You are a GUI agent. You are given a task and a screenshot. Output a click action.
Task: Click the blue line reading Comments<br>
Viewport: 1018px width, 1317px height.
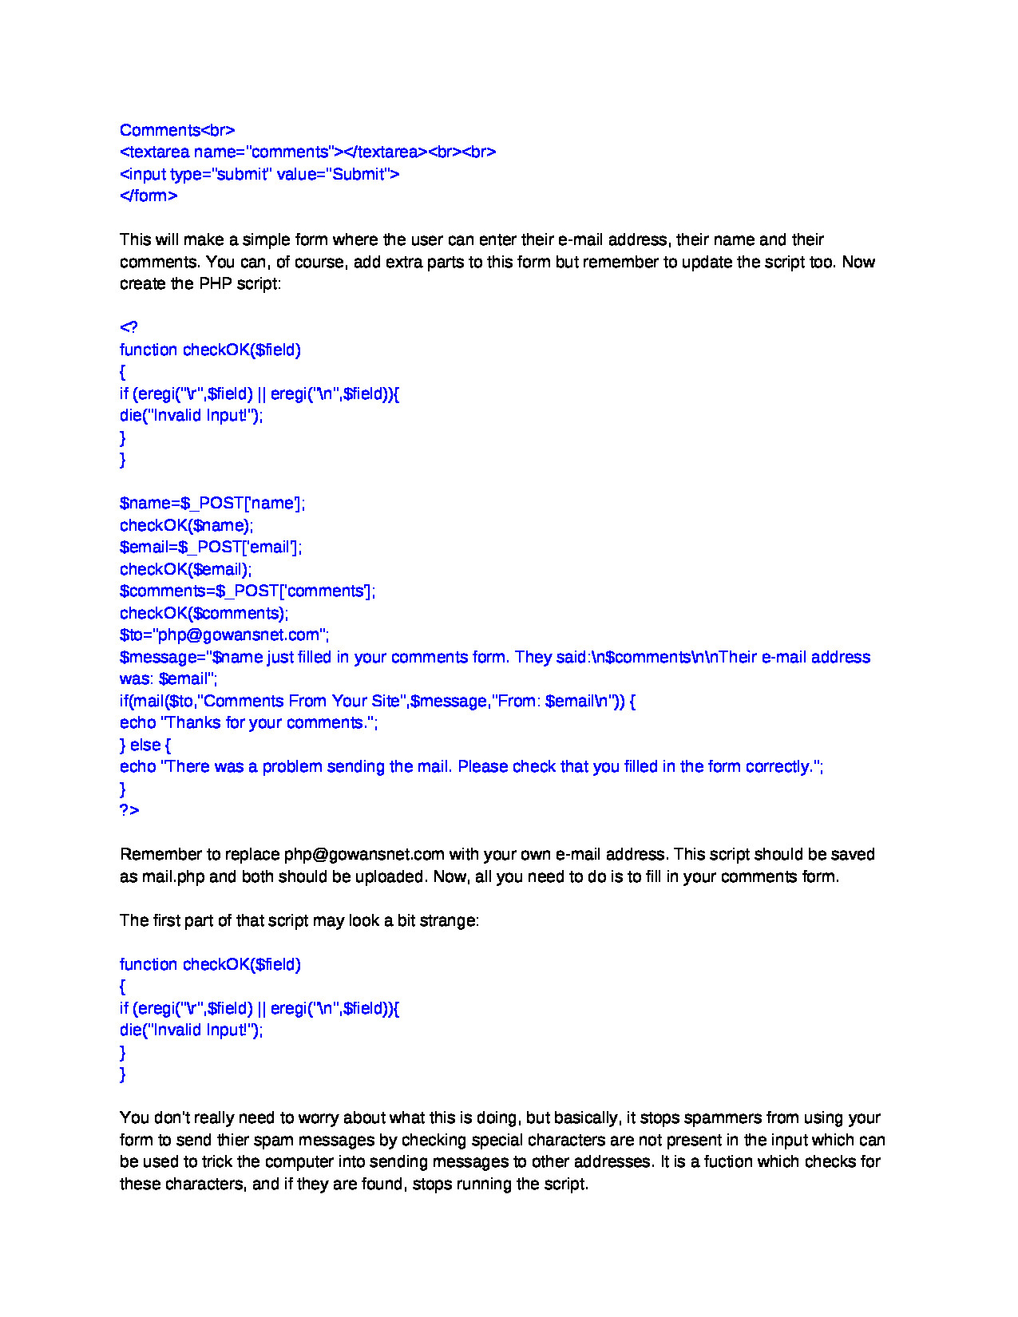coord(177,130)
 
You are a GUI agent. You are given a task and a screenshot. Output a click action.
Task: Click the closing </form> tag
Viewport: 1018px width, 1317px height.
coord(149,196)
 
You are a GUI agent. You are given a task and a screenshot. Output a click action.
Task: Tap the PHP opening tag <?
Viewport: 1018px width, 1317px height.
coord(129,327)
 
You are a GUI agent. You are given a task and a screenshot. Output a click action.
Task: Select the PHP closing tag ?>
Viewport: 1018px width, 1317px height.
coord(129,810)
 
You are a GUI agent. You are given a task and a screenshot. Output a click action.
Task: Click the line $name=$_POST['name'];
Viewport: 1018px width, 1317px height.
coord(212,503)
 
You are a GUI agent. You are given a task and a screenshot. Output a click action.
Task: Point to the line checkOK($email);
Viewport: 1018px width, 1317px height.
coord(185,569)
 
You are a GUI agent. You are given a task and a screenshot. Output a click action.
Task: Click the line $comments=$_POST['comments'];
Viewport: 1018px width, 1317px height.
coord(248,591)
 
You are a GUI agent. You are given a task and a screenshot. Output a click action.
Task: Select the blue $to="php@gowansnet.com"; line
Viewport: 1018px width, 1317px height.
coord(224,635)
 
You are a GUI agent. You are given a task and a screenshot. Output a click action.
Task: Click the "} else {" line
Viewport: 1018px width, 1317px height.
coord(145,745)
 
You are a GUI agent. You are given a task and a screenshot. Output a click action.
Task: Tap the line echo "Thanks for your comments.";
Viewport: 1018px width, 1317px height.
coord(249,722)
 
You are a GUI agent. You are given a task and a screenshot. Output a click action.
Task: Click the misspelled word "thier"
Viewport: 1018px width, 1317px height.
coord(228,1140)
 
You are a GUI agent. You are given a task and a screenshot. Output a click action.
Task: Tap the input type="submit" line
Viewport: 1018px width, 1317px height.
coord(259,174)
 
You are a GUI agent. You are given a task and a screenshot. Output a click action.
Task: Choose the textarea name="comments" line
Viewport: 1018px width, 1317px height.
coord(307,152)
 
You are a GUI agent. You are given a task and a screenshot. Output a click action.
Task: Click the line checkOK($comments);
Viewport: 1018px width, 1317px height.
coord(204,613)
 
